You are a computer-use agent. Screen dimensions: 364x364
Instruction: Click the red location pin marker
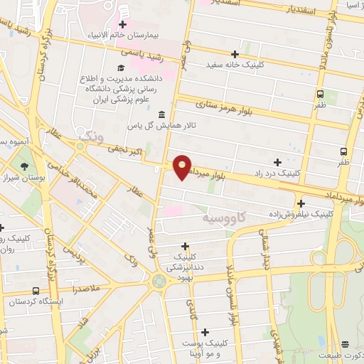tap(183, 166)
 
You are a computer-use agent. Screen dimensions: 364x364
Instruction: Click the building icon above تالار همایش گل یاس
tap(163, 114)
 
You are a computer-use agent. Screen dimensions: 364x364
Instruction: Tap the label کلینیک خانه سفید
tap(235, 64)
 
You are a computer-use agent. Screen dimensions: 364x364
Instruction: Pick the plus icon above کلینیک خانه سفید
tap(235, 54)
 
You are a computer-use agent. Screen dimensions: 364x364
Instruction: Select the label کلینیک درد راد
tap(276, 173)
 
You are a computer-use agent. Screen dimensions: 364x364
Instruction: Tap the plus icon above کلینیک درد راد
tap(277, 162)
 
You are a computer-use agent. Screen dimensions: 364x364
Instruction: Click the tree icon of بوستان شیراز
tap(25, 167)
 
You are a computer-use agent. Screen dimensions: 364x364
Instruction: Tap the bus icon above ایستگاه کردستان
tap(36, 291)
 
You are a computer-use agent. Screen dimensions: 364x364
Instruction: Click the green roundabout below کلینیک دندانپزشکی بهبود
tap(159, 281)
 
